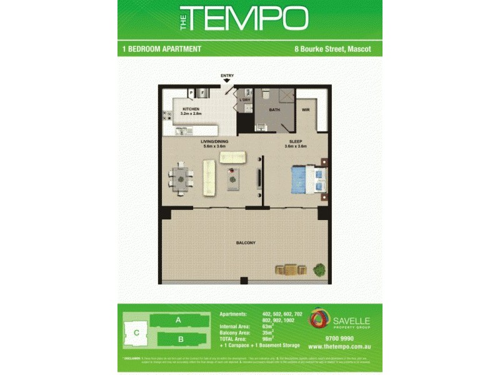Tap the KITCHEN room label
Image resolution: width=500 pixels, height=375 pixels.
click(191, 109)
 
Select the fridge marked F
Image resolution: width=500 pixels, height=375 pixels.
click(202, 93)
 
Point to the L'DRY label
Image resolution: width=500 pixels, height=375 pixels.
click(244, 100)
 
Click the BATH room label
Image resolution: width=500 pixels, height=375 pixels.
click(274, 109)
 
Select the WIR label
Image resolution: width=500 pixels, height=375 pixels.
click(306, 110)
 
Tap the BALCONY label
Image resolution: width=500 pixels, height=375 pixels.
click(245, 242)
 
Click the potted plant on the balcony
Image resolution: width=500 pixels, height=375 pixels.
click(319, 270)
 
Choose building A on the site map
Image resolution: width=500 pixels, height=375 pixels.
click(178, 319)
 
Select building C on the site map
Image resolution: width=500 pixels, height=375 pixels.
click(136, 332)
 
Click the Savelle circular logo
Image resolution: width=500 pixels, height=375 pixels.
click(319, 319)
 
